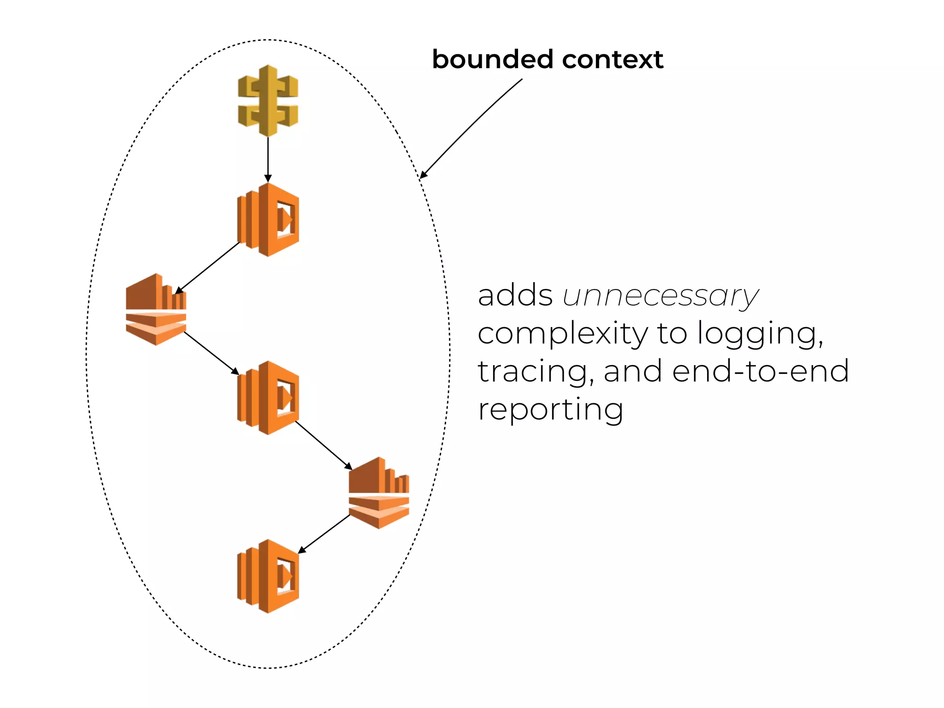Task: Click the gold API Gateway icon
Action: coord(268,101)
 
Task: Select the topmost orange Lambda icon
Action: coord(268,220)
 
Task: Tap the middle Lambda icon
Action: coord(268,398)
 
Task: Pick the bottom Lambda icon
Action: coord(268,576)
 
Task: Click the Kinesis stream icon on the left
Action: coord(156,309)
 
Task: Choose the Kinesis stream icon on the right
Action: coord(379,493)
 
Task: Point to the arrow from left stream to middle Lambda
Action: coord(211,353)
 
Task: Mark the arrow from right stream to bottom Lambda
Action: coord(324,533)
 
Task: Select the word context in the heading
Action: coord(613,59)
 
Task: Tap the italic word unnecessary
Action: coord(660,296)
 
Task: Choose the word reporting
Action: coord(551,410)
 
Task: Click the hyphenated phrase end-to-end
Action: coord(760,372)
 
